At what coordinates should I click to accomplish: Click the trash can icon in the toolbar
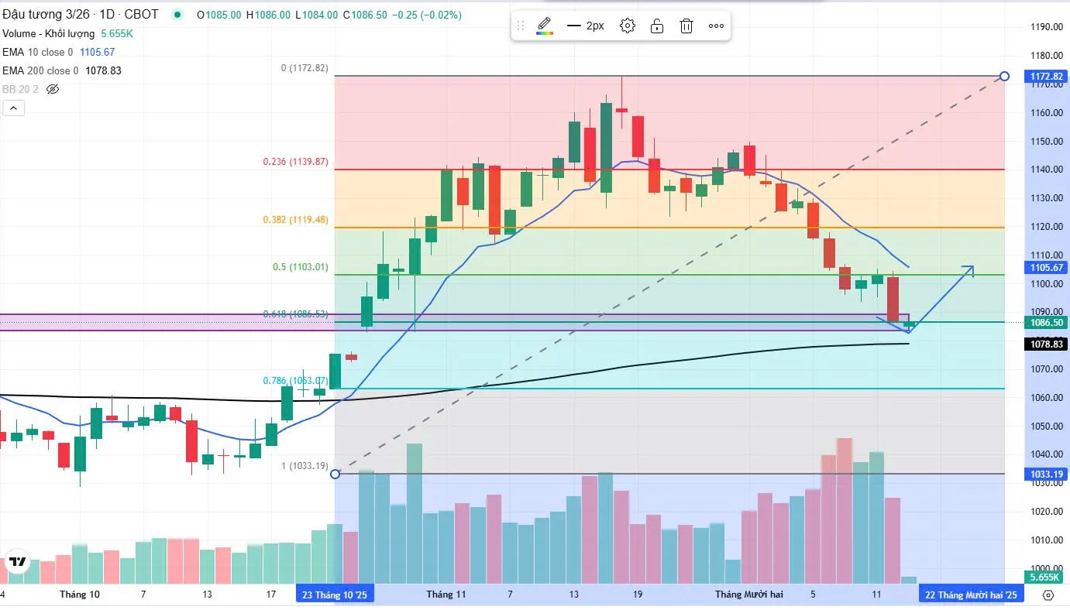pos(686,26)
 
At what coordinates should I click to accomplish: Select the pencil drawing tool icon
pos(545,26)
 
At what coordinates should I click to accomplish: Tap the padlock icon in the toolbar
pos(656,26)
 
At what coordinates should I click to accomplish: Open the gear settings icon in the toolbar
pos(628,26)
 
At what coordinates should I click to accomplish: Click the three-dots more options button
pos(716,26)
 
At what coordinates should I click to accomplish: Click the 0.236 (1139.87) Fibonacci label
pos(295,162)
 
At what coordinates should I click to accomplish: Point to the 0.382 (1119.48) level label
pos(295,220)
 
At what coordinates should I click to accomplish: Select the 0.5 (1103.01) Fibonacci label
pos(300,267)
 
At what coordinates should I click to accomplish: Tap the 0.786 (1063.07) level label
pos(295,381)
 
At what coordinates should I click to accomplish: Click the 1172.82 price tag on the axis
pos(1047,77)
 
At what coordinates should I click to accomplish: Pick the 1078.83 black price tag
pos(1047,344)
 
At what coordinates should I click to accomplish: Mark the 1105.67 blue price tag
pos(1047,268)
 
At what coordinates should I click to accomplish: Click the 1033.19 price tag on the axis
pos(1047,474)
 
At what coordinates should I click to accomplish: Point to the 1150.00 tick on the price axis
pos(1046,142)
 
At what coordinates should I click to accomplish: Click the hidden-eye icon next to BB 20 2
pos(53,89)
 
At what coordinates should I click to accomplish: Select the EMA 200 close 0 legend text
pos(40,70)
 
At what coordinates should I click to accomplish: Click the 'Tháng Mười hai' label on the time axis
pos(748,595)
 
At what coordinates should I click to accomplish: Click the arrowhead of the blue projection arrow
pos(972,268)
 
